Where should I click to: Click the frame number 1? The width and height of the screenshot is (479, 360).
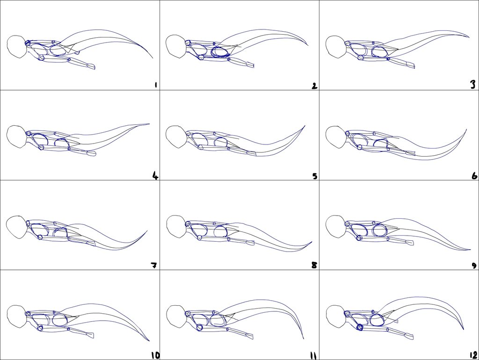click(x=156, y=85)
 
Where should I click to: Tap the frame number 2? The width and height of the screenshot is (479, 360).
click(x=314, y=86)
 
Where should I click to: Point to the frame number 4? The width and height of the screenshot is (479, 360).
click(x=155, y=176)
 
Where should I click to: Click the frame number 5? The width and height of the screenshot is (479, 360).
click(x=315, y=176)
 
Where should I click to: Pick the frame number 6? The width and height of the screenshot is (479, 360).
click(x=474, y=176)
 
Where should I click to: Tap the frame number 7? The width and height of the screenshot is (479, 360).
click(x=154, y=266)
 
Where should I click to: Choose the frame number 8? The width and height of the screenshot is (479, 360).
click(x=314, y=266)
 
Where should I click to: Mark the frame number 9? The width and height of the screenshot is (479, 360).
click(x=474, y=266)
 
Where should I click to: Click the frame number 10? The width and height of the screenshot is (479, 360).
click(x=155, y=355)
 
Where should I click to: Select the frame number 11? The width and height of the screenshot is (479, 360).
click(x=313, y=356)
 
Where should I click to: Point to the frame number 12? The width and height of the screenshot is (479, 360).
click(x=473, y=355)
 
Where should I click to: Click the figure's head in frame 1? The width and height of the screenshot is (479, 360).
click(x=16, y=47)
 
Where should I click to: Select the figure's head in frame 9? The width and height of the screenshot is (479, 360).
click(x=335, y=227)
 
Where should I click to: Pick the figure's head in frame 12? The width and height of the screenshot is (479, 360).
click(x=336, y=317)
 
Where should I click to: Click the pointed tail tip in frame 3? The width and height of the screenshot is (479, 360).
click(x=469, y=36)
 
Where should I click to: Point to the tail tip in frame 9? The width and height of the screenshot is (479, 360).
click(x=471, y=250)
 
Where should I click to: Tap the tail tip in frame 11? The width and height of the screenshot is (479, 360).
click(x=304, y=338)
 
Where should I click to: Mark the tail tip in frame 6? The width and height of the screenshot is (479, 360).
click(x=466, y=130)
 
